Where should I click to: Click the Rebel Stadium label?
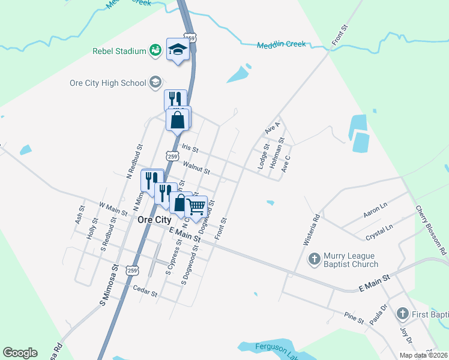coord(119,51)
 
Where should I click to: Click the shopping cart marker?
coord(196,206)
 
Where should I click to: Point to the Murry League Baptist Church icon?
coord(314,259)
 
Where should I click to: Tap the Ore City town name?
coord(154,220)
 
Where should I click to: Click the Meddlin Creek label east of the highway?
coord(282,44)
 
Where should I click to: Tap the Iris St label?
coord(189,148)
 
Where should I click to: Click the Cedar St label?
coord(145,294)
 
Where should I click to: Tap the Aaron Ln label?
coord(376,212)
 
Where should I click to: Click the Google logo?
coord(20,353)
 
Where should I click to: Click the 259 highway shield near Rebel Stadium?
coord(190,38)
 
